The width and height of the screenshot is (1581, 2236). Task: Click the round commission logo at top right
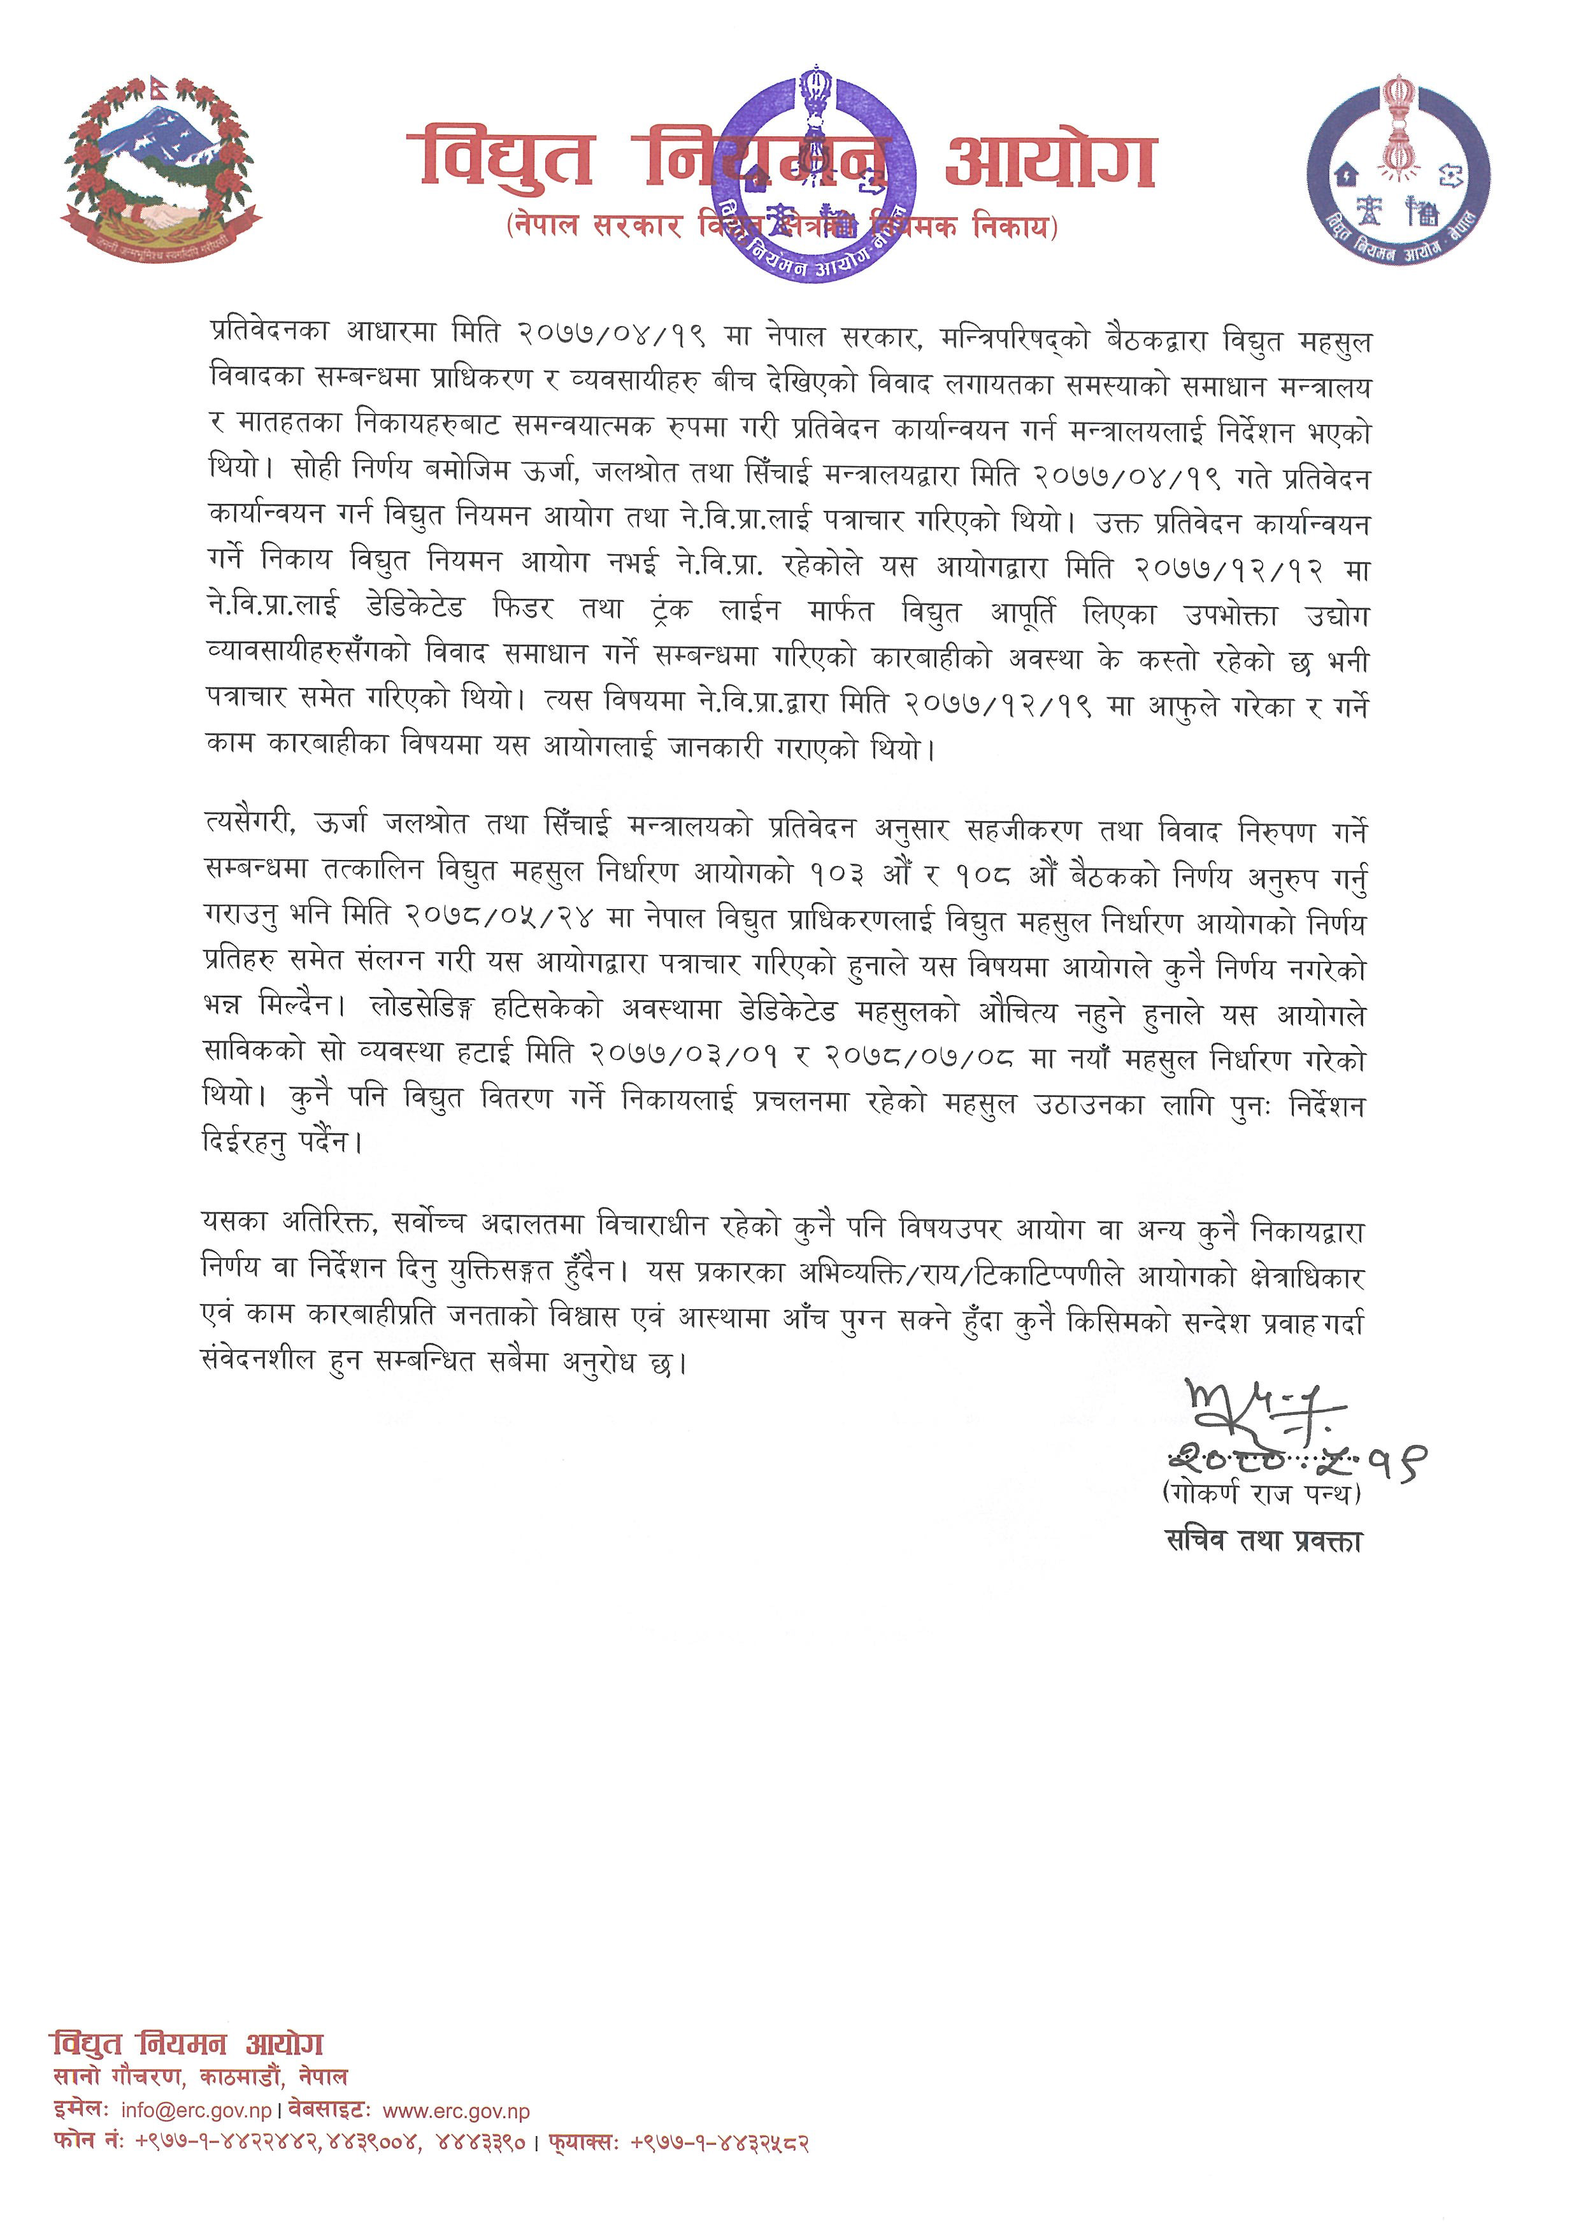tap(1398, 171)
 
